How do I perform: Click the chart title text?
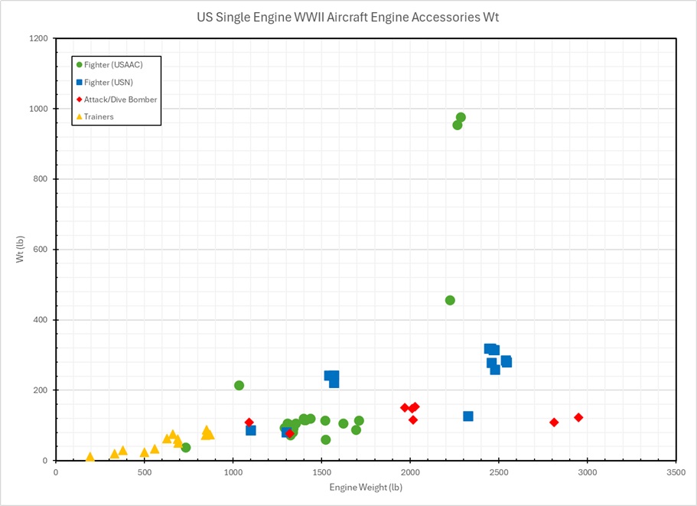click(x=347, y=17)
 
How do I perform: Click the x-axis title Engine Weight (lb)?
click(x=365, y=487)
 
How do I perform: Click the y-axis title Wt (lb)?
click(x=21, y=250)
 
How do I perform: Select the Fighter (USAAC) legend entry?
click(x=112, y=64)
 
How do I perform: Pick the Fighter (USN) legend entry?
click(x=109, y=82)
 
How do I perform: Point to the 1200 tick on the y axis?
click(x=39, y=38)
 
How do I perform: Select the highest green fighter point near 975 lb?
click(x=461, y=117)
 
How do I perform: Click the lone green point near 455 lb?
click(x=450, y=300)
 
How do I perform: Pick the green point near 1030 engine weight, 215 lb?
click(x=239, y=385)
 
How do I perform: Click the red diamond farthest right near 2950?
click(x=578, y=417)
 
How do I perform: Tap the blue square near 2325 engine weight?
click(x=468, y=416)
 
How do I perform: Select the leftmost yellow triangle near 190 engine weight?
click(x=90, y=457)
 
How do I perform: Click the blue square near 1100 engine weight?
click(x=251, y=430)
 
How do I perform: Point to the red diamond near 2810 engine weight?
click(x=554, y=423)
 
